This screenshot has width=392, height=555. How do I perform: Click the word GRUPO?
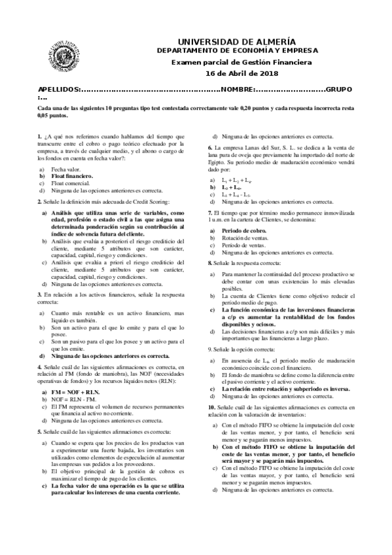point(340,88)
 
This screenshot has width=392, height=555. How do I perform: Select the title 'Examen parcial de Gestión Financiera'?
point(242,62)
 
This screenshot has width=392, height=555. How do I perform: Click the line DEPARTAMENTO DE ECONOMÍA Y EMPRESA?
point(241,50)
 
